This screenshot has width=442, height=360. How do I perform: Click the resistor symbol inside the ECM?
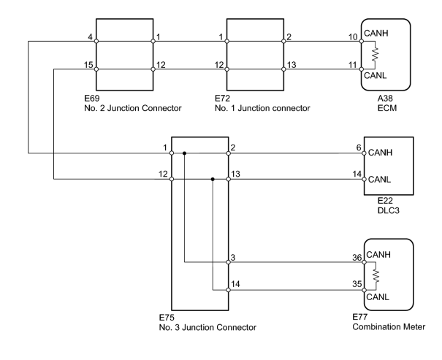[375, 55]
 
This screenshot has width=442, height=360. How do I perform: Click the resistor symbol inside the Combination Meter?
[376, 276]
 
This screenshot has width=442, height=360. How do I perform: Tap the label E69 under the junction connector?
[92, 98]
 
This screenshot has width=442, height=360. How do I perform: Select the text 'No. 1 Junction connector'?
[262, 108]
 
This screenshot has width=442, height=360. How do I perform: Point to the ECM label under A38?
[387, 108]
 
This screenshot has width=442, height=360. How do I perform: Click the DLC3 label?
[389, 210]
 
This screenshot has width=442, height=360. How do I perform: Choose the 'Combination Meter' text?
[389, 326]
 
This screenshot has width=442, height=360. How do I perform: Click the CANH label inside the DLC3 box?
[380, 153]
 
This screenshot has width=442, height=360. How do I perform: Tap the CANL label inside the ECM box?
[376, 75]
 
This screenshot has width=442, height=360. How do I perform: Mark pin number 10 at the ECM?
[353, 37]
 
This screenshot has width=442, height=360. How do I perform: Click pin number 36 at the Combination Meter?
[357, 258]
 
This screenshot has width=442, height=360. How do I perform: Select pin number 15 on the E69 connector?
[88, 65]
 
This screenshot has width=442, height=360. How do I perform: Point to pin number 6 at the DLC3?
[359, 148]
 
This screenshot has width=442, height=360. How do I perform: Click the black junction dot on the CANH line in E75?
[184, 153]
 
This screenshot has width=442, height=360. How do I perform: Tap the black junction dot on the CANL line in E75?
[213, 179]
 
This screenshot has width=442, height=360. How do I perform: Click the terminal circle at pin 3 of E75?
[229, 262]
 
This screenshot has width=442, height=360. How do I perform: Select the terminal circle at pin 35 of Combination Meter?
[364, 290]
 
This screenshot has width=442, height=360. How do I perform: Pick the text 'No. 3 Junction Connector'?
[207, 327]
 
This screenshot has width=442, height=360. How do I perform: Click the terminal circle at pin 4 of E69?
[96, 41]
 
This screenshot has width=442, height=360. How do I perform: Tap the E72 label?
[222, 98]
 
